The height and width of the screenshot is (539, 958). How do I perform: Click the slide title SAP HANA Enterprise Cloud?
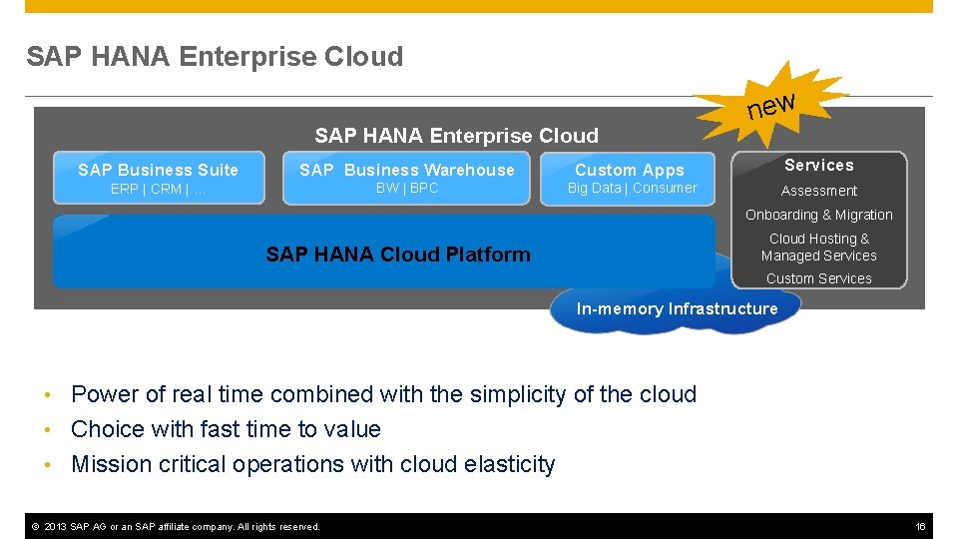215,57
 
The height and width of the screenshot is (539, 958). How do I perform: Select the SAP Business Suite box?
158,178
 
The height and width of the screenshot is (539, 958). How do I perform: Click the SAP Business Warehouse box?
406,178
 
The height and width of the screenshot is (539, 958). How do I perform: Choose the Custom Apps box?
630,178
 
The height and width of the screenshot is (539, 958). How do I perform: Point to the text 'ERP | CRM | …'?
158,189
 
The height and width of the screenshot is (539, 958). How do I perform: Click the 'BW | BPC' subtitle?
407,188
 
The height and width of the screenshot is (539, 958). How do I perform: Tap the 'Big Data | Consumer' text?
632,188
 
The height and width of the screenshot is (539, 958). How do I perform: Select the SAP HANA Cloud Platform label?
398,255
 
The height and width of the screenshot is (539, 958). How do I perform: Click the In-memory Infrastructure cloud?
677,309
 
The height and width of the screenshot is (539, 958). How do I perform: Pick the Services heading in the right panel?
818,165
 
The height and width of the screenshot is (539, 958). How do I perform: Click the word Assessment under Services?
818,191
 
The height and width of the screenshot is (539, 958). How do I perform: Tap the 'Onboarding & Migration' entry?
818,215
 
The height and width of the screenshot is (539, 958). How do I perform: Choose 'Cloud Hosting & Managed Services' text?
818,248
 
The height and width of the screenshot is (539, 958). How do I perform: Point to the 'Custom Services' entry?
818,278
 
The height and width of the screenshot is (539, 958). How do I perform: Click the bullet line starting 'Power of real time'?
383,394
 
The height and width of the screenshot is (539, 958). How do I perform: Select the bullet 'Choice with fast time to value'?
226,429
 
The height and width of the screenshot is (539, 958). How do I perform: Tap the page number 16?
921,526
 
